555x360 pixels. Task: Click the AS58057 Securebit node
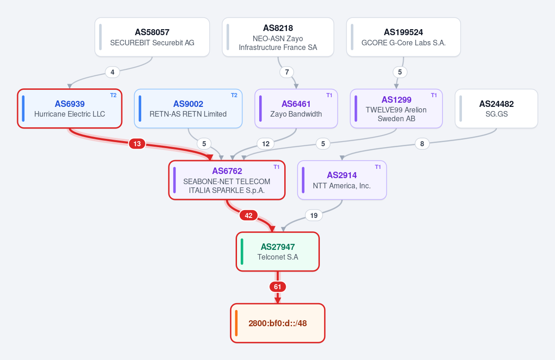tap(152, 37)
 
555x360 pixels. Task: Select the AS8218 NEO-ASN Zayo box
tap(278, 37)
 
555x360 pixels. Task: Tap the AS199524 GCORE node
tap(404, 37)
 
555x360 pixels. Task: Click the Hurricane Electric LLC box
tap(70, 109)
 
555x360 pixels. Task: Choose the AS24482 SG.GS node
tap(496, 109)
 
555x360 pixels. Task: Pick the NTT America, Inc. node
tap(342, 180)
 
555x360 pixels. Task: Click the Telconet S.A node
tap(278, 252)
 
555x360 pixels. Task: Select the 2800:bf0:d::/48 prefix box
tap(278, 323)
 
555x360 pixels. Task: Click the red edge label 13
tap(137, 144)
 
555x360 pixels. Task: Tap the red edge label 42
tap(249, 215)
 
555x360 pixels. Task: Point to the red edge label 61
tap(278, 287)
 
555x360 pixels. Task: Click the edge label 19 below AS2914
tap(313, 215)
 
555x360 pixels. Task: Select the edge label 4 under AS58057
tap(112, 72)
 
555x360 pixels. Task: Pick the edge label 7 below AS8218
tap(287, 72)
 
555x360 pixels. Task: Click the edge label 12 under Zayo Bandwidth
tap(266, 144)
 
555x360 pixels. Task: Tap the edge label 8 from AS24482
tap(422, 144)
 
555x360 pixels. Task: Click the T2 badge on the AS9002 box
tap(234, 95)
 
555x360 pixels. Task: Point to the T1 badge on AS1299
tap(434, 95)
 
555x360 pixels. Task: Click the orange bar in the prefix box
tap(237, 323)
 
